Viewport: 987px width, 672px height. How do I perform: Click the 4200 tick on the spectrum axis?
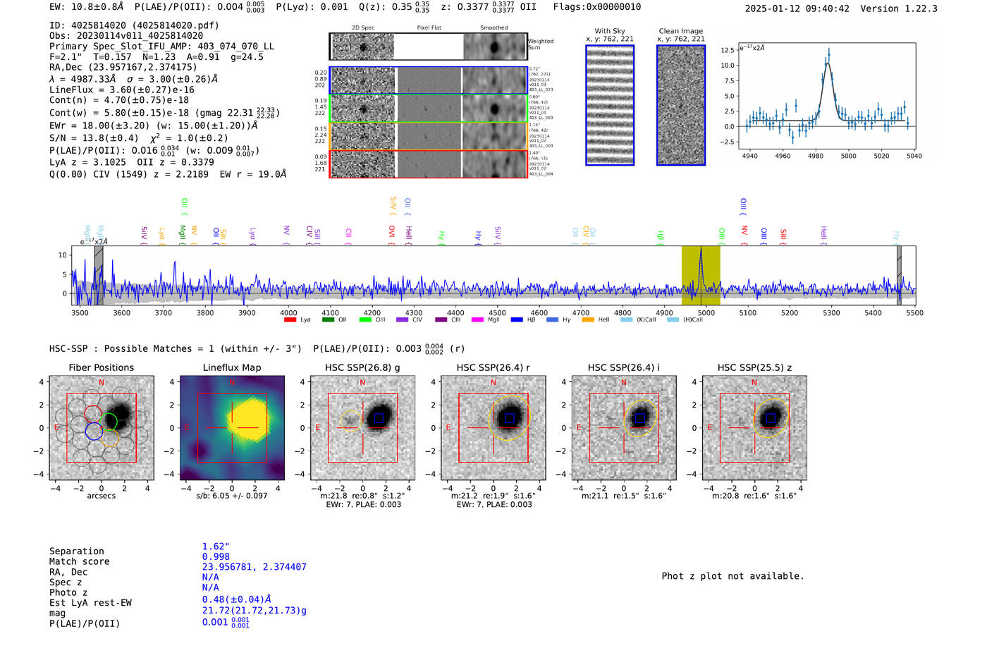[372, 312]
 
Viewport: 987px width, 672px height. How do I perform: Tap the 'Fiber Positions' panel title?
[101, 367]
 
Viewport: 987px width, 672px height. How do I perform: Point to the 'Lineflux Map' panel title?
[231, 367]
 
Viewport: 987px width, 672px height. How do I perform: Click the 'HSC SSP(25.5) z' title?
[754, 367]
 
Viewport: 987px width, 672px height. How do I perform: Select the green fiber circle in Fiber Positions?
[109, 422]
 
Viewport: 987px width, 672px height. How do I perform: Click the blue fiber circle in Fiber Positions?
[93, 431]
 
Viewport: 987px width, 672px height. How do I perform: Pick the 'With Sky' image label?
[610, 31]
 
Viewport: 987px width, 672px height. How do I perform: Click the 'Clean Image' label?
[680, 31]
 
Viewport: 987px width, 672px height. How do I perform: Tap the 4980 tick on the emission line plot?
[816, 156]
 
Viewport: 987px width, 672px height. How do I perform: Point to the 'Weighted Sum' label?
[540, 44]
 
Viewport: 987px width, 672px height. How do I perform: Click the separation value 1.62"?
[216, 546]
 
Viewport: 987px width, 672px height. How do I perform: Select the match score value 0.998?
[216, 556]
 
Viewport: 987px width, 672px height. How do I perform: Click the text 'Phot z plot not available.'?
[732, 576]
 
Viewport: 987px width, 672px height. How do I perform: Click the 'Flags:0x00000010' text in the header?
[596, 7]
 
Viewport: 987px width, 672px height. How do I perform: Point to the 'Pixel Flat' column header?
[429, 28]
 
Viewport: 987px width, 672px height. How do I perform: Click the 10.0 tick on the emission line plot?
[728, 66]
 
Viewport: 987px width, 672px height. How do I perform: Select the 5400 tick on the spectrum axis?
[873, 312]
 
